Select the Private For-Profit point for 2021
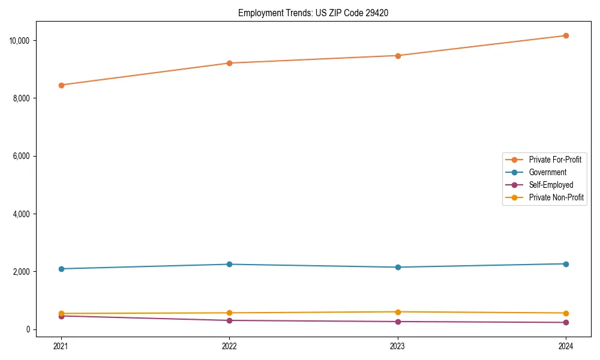61,85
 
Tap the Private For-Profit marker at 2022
229,63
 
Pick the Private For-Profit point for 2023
397,56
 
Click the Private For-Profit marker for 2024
566,36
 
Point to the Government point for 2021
61,269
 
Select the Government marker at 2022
229,264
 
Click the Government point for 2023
397,267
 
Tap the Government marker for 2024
566,264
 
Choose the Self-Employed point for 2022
229,320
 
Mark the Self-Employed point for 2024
566,322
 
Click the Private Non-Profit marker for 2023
397,312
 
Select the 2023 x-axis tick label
397,346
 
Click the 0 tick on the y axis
28,329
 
